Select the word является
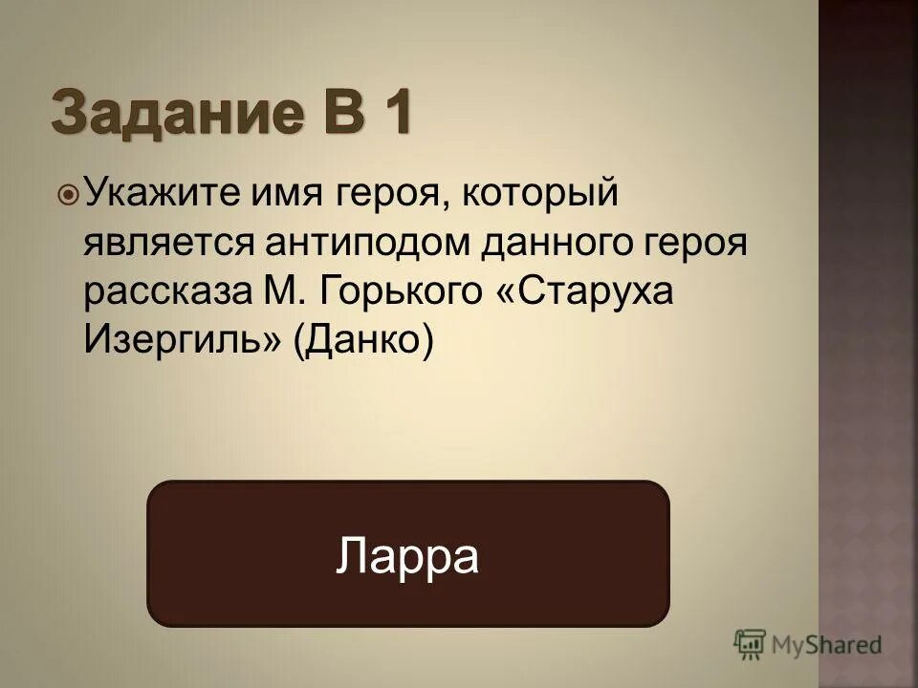[165, 243]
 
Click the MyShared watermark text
[827, 645]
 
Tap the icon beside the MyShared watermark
[751, 645]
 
